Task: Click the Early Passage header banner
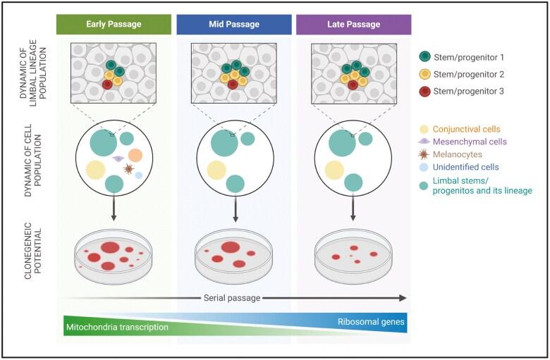113,24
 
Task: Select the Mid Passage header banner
233,24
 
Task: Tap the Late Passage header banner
353,24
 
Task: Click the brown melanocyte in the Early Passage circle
128,169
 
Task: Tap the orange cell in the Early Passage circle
135,154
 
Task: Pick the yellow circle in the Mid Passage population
216,170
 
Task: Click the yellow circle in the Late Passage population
335,170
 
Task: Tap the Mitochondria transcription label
118,328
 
